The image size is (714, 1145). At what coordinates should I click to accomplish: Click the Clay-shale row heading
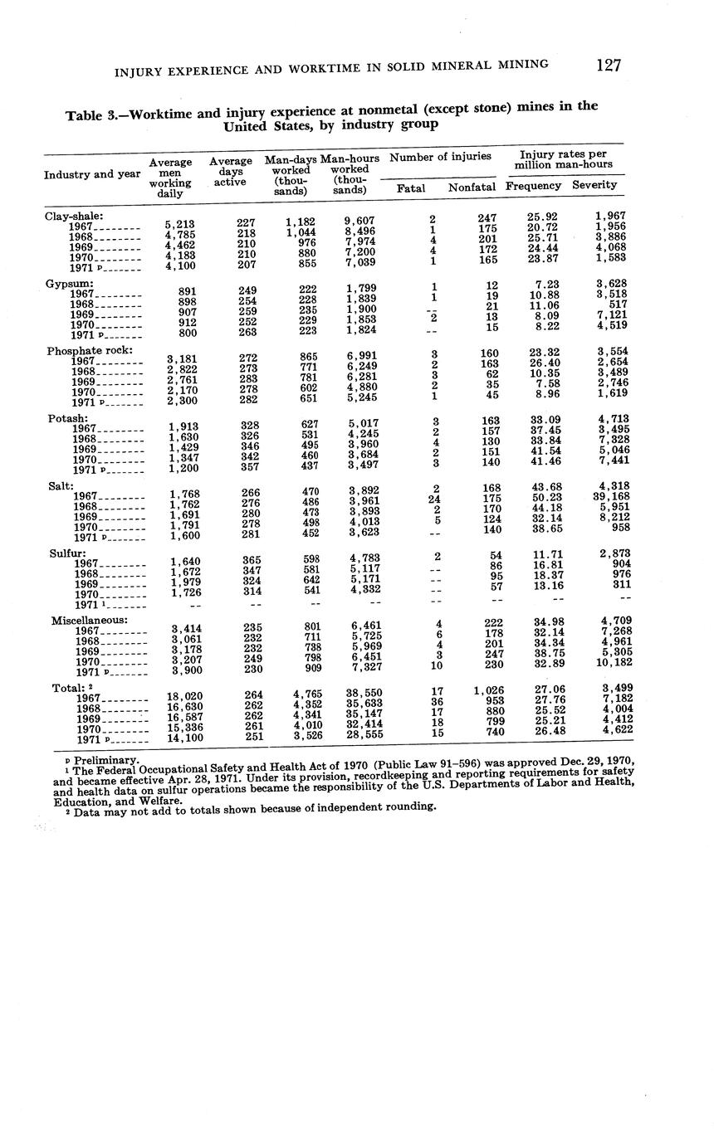pyautogui.click(x=74, y=216)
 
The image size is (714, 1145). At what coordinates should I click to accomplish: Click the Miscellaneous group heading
pyautogui.click(x=90, y=620)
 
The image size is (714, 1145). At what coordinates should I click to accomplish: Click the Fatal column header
pyautogui.click(x=411, y=188)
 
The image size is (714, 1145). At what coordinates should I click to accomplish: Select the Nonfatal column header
pyautogui.click(x=472, y=188)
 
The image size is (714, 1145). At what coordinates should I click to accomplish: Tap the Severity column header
pyautogui.click(x=594, y=185)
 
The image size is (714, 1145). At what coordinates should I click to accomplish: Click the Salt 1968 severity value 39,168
pyautogui.click(x=609, y=497)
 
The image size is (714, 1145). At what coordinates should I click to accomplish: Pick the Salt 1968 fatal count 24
pyautogui.click(x=433, y=499)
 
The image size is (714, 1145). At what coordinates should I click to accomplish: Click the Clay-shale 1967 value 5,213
pyautogui.click(x=179, y=224)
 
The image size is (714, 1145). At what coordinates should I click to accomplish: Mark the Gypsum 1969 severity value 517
pyautogui.click(x=616, y=305)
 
